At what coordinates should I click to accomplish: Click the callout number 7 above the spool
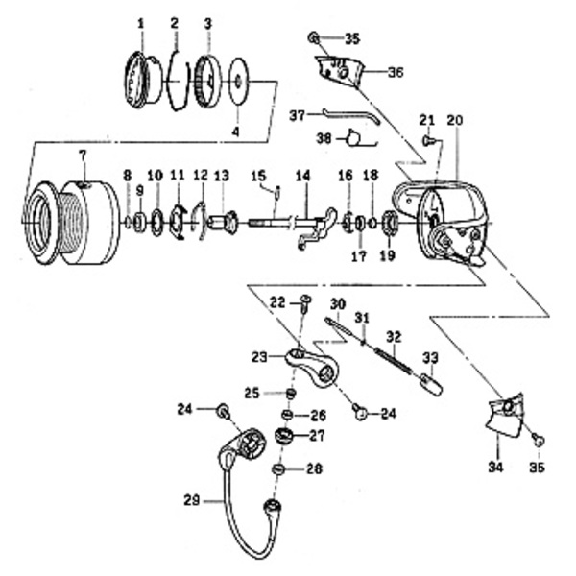(x=83, y=155)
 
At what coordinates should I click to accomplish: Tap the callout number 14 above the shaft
(x=303, y=176)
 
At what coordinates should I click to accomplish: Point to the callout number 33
(x=430, y=356)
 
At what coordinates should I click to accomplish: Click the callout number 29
(x=193, y=499)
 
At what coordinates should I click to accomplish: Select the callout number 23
(x=258, y=356)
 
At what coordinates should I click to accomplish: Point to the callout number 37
(x=299, y=115)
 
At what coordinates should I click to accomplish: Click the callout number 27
(x=316, y=435)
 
